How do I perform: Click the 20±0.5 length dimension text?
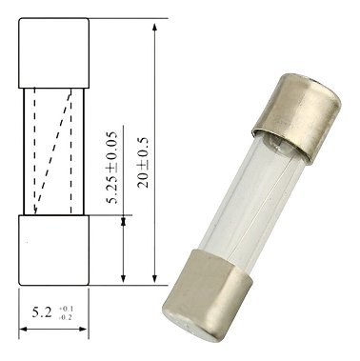point(143,162)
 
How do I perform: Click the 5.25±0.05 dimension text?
point(112,168)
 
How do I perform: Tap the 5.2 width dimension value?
point(42,312)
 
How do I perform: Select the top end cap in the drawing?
point(53,53)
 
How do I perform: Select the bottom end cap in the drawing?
point(53,251)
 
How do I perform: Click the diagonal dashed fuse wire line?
point(52,151)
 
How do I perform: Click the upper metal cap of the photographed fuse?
point(296,118)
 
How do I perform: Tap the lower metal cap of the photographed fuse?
point(208,295)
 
